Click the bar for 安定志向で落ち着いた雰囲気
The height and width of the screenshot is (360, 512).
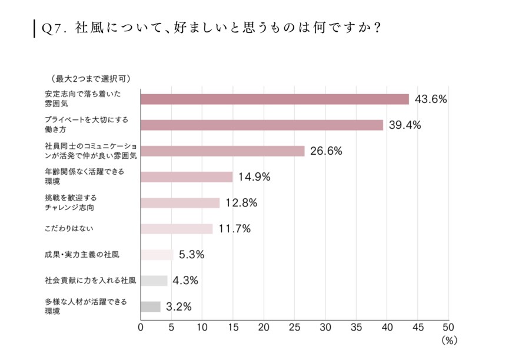tap(274, 99)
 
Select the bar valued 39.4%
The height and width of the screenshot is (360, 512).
tap(261, 125)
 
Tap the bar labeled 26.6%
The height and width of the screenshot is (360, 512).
tap(222, 151)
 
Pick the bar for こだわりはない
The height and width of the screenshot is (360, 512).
tap(177, 229)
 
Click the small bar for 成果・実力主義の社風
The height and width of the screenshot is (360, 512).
tap(157, 255)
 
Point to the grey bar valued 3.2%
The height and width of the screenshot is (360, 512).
tap(150, 306)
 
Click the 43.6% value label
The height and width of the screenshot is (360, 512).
tap(431, 99)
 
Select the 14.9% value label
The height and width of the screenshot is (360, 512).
tap(254, 177)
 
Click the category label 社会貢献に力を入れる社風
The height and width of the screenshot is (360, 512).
tap(91, 281)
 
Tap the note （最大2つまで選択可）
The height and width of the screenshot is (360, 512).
tap(91, 78)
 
